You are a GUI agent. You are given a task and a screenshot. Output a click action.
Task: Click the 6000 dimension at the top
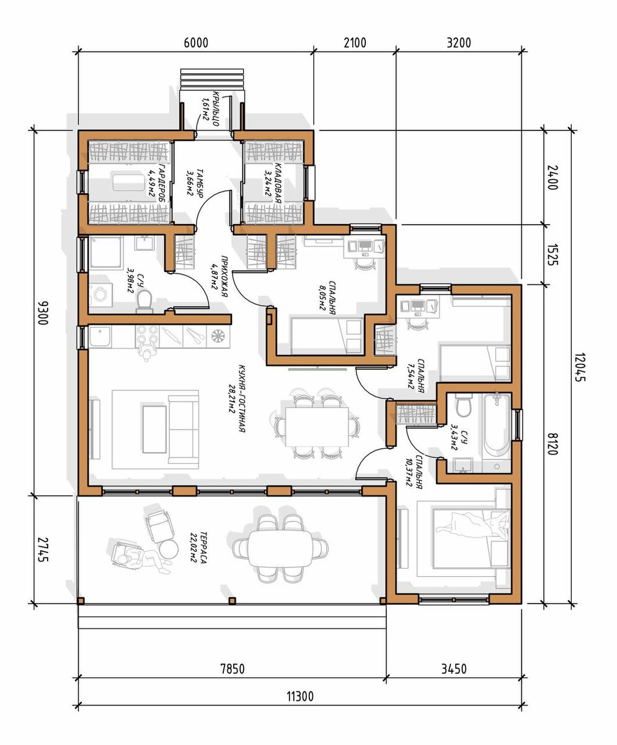coord(196,42)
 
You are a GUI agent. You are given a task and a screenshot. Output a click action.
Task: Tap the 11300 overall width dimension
coord(300,696)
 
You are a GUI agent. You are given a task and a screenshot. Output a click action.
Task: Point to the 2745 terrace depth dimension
coord(43,549)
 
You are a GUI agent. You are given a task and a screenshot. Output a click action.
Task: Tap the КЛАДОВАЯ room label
coord(278,183)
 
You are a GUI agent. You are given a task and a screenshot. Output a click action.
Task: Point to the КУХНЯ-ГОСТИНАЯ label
coord(242,399)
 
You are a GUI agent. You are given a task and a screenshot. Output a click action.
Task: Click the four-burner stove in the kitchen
coord(147,336)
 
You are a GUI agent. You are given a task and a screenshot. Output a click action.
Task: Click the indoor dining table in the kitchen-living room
coord(317,427)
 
